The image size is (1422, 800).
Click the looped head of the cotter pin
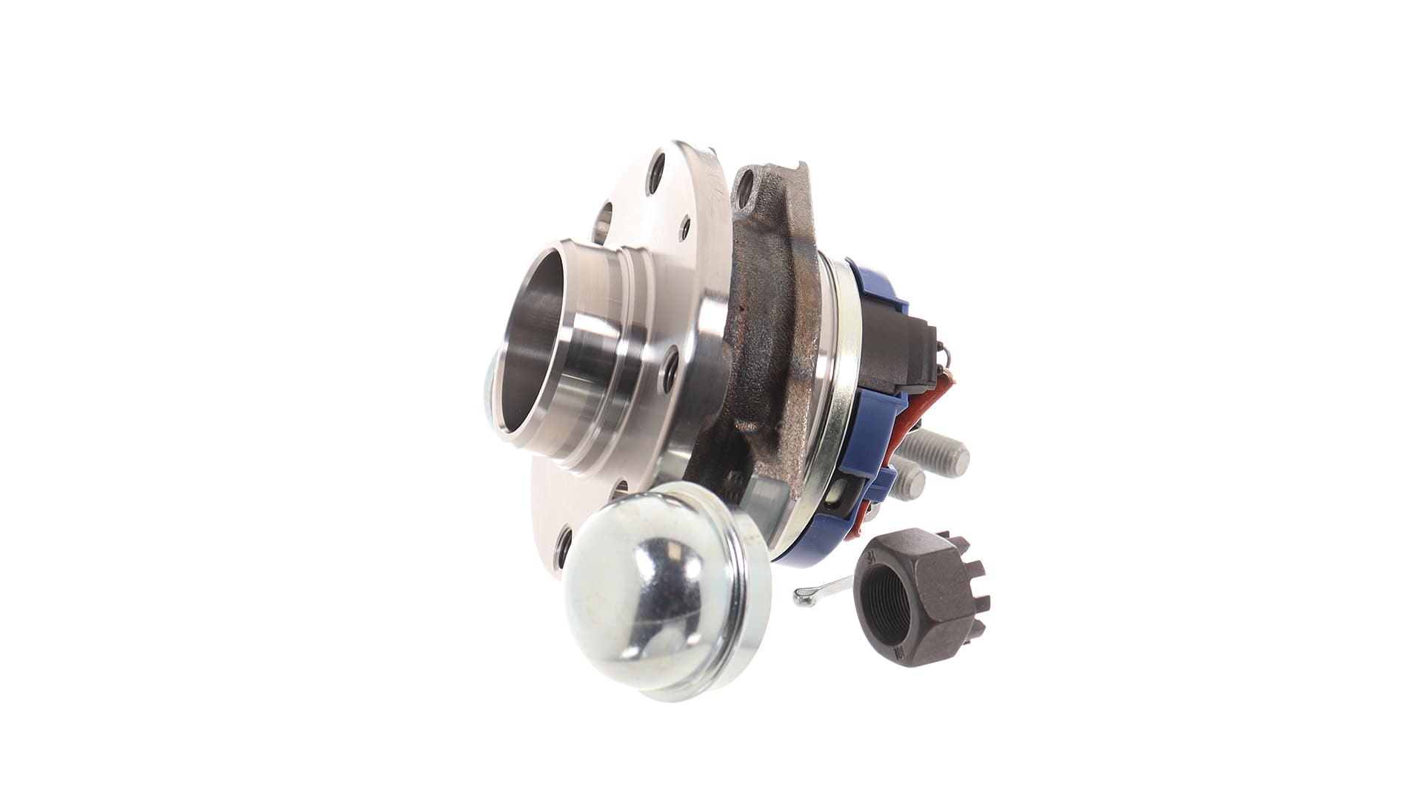800,595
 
